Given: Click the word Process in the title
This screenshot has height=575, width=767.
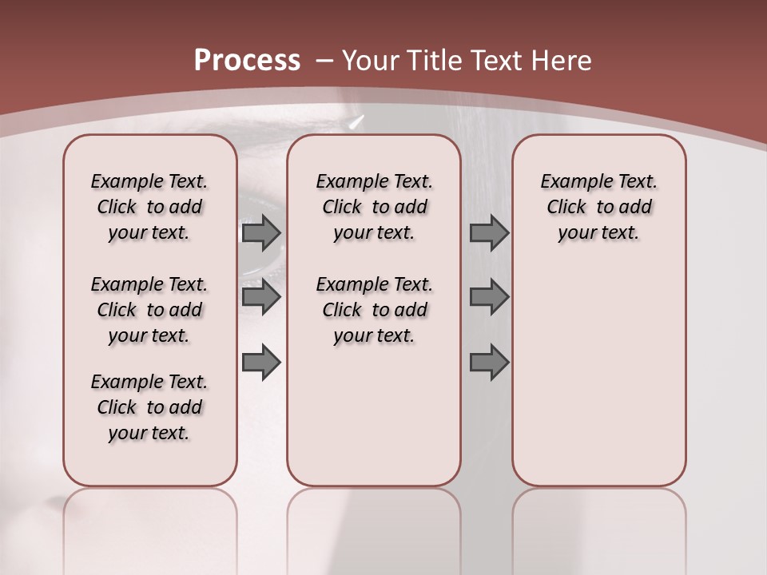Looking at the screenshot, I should tap(248, 60).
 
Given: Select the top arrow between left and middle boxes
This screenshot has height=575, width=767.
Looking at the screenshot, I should tap(260, 233).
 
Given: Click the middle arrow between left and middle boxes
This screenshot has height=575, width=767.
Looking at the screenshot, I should tap(260, 297).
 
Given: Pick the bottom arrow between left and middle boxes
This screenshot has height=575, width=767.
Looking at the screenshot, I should tap(260, 363).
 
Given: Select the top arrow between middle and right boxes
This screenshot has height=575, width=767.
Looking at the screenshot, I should tap(488, 233).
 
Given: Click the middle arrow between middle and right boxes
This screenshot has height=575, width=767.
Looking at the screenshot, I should tap(488, 297).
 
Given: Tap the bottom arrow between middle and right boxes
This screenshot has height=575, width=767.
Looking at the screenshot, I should tap(488, 363).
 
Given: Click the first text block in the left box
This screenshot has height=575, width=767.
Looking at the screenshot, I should tap(149, 207).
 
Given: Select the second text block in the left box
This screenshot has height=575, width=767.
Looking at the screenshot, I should tap(149, 310).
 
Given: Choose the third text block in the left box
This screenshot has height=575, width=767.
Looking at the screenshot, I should tap(149, 407).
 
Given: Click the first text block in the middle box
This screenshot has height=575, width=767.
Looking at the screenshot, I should tap(374, 207).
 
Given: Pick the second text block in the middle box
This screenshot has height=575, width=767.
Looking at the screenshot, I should tap(374, 310).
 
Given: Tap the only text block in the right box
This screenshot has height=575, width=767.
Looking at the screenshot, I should tap(598, 207).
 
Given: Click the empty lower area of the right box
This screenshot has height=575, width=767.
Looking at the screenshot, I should tap(598, 375).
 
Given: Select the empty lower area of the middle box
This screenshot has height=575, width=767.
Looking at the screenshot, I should tap(374, 415).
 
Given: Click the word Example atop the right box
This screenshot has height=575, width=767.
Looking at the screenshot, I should tap(569, 181).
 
